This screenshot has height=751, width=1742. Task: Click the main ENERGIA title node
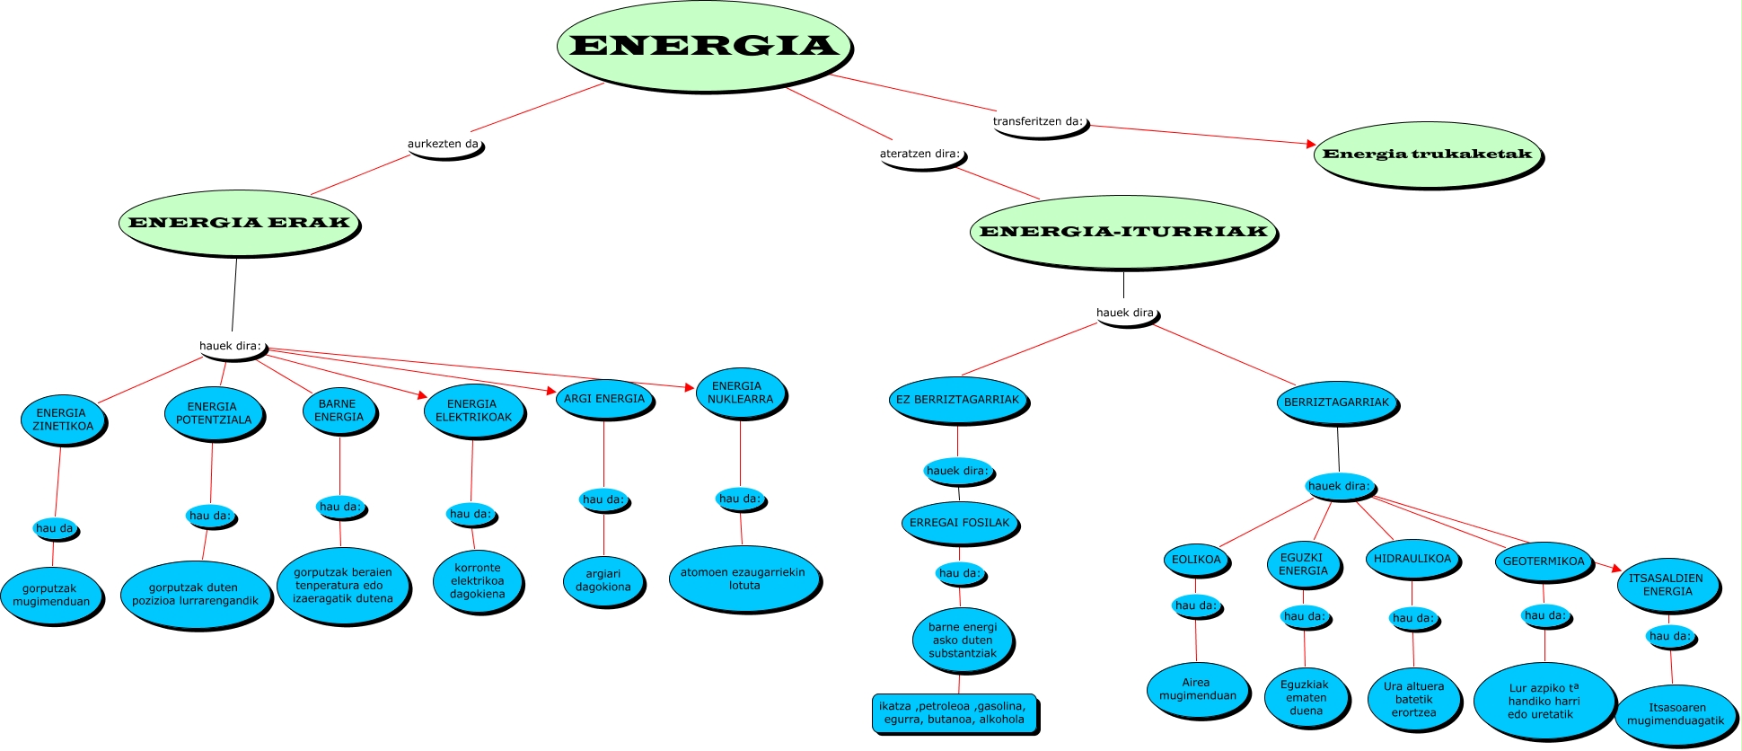pos(704,45)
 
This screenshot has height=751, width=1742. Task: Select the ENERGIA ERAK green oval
pos(239,223)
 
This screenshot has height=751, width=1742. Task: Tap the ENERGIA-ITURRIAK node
pos(1122,232)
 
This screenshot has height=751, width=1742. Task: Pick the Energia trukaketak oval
pos(1427,154)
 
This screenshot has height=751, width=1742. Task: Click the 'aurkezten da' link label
pos(444,145)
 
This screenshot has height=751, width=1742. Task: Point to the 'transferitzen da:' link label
pos(1038,122)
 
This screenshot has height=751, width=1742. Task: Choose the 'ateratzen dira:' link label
pos(920,155)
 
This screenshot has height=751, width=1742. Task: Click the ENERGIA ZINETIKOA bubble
pos(63,420)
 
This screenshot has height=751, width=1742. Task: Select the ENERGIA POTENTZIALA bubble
pos(214,413)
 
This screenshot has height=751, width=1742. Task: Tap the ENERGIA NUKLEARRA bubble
pos(740,393)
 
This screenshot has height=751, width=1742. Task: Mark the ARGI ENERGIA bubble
pos(604,399)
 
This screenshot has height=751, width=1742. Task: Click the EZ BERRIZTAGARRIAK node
pos(958,400)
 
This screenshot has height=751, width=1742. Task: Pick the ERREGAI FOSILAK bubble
pos(959,523)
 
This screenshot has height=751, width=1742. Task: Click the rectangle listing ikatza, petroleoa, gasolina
pos(953,713)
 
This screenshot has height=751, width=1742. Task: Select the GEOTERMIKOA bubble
pos(1544,561)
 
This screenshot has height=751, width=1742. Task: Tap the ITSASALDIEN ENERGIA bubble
pos(1667,585)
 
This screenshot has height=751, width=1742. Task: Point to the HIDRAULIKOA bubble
pos(1412,559)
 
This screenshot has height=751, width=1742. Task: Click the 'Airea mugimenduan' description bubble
pos(1197,689)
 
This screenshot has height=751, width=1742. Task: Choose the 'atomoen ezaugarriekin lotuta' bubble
pos(743,579)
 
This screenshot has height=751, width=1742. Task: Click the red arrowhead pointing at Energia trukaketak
pos(1311,144)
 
